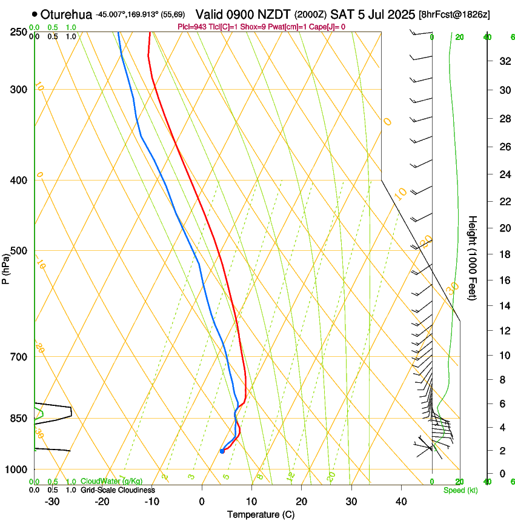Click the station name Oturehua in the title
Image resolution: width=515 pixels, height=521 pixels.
coord(67,14)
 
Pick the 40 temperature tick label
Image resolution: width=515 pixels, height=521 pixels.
coord(400,502)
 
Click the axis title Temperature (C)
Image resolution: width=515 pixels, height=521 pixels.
coord(261,514)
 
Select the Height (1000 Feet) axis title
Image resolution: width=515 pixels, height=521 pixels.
coord(473,258)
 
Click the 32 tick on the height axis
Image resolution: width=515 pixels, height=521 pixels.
coord(503,61)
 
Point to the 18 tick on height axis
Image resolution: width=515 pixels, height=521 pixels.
coord(503,254)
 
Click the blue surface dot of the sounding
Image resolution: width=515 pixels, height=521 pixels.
coord(222,451)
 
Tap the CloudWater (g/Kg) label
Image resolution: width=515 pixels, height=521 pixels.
coord(112,481)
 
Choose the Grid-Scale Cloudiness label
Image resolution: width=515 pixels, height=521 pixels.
coord(118,489)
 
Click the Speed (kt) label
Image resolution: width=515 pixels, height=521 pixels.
coord(460,490)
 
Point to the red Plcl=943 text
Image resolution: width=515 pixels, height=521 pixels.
coord(193,27)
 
